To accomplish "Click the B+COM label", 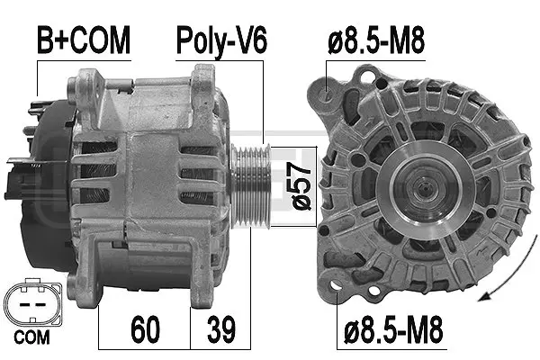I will point(82,40).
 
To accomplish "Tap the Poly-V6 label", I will point(220,40).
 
